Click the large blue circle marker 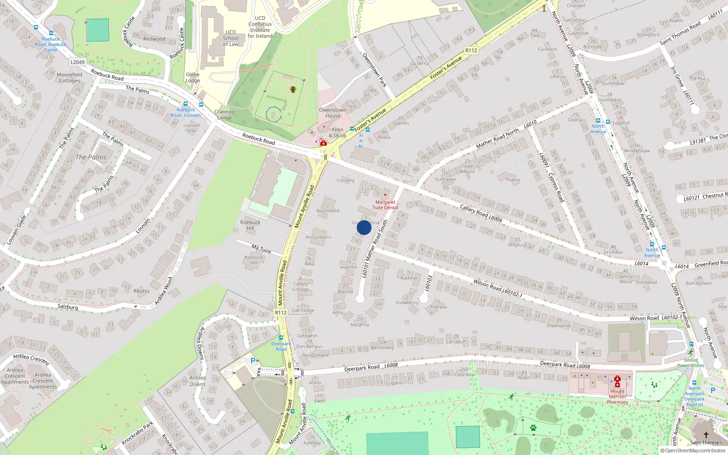364,227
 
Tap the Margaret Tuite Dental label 385,205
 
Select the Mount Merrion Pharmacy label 617,396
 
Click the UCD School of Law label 231,38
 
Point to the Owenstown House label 333,113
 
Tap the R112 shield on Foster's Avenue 471,51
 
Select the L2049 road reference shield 77,62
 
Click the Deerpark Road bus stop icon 281,338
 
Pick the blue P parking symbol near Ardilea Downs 253,361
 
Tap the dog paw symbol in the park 533,428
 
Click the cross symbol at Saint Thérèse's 706,435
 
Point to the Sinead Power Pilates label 690,363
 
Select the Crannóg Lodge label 224,115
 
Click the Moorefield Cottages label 70,78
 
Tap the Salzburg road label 68,307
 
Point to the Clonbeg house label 345,180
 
